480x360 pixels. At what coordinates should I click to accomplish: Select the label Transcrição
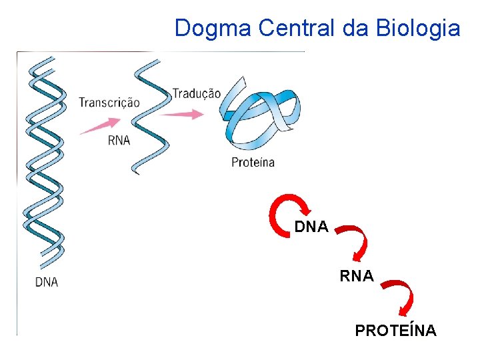tap(109, 103)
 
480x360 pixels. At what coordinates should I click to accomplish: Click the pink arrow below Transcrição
tap(100, 125)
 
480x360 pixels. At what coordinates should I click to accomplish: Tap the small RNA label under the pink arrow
tap(119, 140)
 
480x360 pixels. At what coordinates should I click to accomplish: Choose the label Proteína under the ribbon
tap(253, 162)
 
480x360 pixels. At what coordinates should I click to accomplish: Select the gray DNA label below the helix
tap(47, 282)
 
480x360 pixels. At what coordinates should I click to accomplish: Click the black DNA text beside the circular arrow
tap(311, 227)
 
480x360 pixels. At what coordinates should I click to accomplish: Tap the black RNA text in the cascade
tap(357, 275)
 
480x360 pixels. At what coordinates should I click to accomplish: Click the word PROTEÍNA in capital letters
tap(396, 331)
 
